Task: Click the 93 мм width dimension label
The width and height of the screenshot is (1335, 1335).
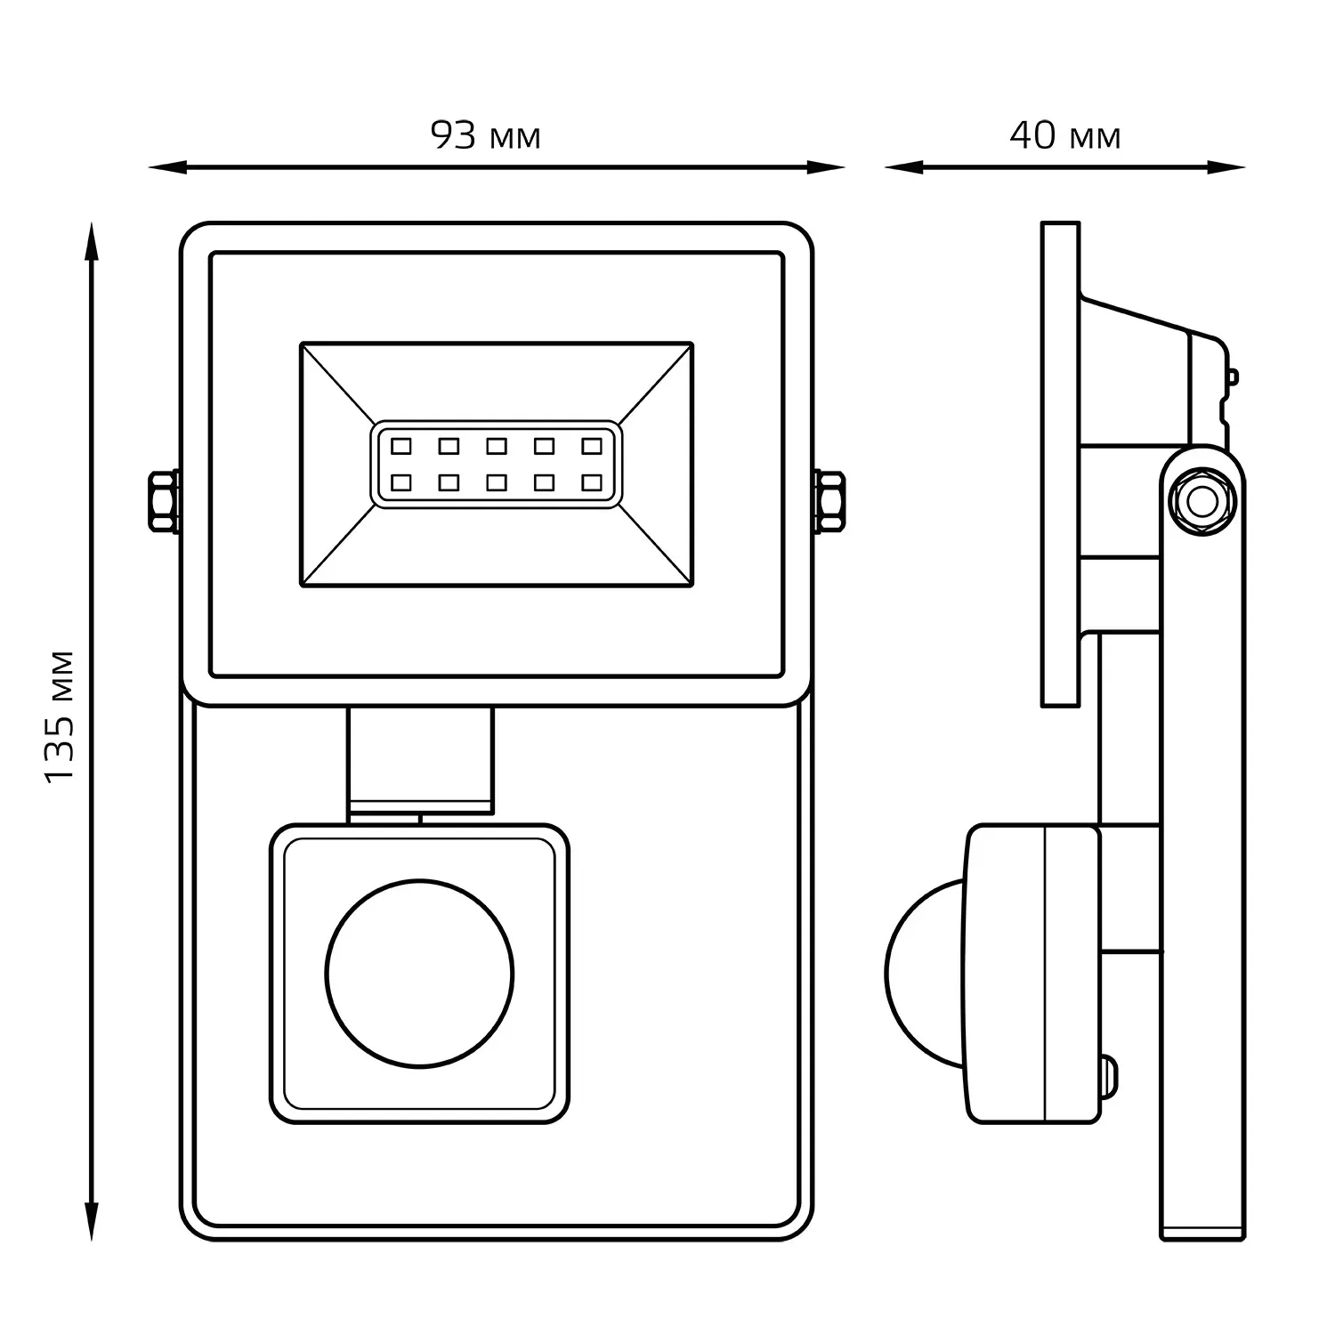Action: coord(486,136)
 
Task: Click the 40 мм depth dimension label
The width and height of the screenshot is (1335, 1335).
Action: coord(1064,136)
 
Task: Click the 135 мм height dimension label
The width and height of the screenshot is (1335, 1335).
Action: coord(61,717)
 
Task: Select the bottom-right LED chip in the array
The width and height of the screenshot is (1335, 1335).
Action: coord(592,482)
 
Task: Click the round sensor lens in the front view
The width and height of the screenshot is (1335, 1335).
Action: coord(420,973)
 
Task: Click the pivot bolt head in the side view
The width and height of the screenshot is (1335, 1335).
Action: coord(1201,502)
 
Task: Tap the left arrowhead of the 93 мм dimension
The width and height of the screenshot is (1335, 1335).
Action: coord(165,166)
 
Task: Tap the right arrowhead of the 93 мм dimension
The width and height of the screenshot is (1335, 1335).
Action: coord(828,166)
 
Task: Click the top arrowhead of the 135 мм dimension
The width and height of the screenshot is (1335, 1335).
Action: coord(90,240)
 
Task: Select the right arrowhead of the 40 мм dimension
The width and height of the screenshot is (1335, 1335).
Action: coord(1228,166)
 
